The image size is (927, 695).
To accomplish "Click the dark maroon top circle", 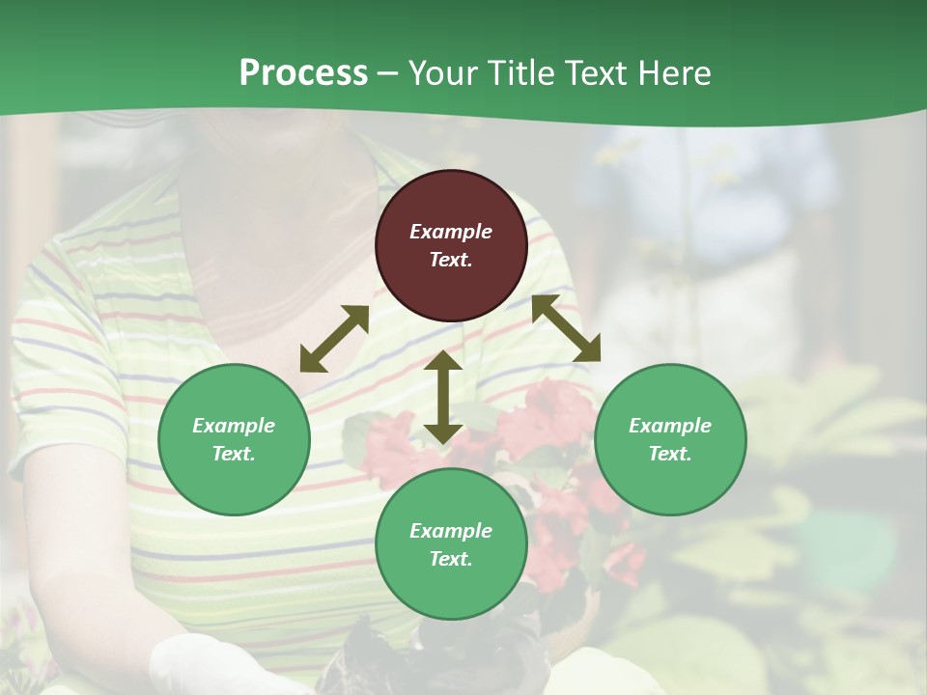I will [451, 246].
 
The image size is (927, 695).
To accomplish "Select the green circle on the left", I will [234, 439].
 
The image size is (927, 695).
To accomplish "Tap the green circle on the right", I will [670, 439].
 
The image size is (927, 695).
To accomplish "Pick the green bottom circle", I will [451, 544].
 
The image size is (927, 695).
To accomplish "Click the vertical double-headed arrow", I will [443, 397].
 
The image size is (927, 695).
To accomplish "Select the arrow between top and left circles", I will [334, 339].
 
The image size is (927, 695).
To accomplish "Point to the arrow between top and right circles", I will [566, 328].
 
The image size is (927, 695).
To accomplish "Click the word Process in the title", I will [303, 73].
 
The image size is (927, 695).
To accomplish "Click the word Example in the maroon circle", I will [451, 232].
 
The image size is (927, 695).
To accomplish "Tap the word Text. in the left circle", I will [234, 454].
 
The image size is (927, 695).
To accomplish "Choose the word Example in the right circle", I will [670, 426].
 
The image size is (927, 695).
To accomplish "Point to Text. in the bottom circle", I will [451, 559].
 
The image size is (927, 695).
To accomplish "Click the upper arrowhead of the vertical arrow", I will [443, 362].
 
